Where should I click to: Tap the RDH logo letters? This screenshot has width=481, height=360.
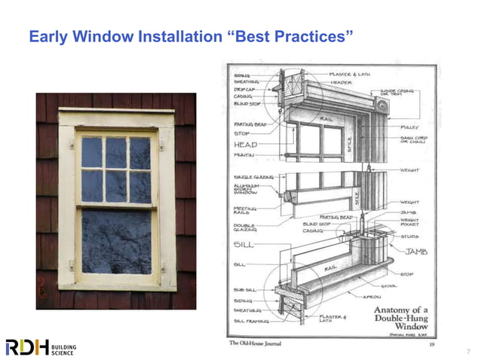[27, 346]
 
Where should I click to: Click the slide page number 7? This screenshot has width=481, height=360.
[467, 352]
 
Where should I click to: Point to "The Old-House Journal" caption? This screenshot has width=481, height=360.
[261, 343]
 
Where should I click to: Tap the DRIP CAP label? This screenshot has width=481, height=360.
[244, 89]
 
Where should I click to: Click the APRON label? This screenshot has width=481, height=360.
[372, 297]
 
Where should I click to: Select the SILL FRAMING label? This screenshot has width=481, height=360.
[247, 321]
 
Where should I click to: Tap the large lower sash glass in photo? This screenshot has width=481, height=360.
[116, 241]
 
